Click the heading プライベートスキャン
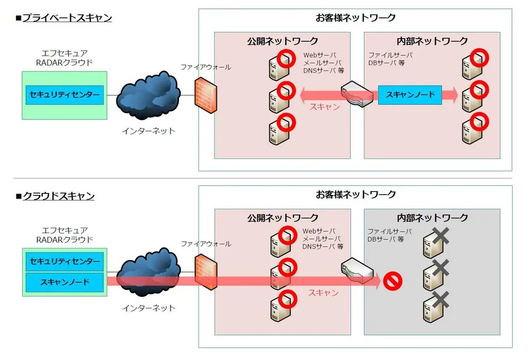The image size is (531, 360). (67, 18)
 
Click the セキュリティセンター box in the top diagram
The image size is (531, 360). (63, 95)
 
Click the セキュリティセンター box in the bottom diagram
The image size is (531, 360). (63, 261)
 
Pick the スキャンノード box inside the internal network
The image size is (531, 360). (410, 95)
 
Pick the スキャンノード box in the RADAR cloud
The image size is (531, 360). (63, 282)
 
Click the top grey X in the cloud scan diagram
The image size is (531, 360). (441, 236)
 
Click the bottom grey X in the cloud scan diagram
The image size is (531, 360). (441, 298)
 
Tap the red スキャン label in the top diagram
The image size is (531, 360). (324, 108)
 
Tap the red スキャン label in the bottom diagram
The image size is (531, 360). (323, 293)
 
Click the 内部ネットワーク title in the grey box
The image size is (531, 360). (432, 218)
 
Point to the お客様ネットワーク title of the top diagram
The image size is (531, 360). (355, 18)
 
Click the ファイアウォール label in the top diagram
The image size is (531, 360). (205, 66)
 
